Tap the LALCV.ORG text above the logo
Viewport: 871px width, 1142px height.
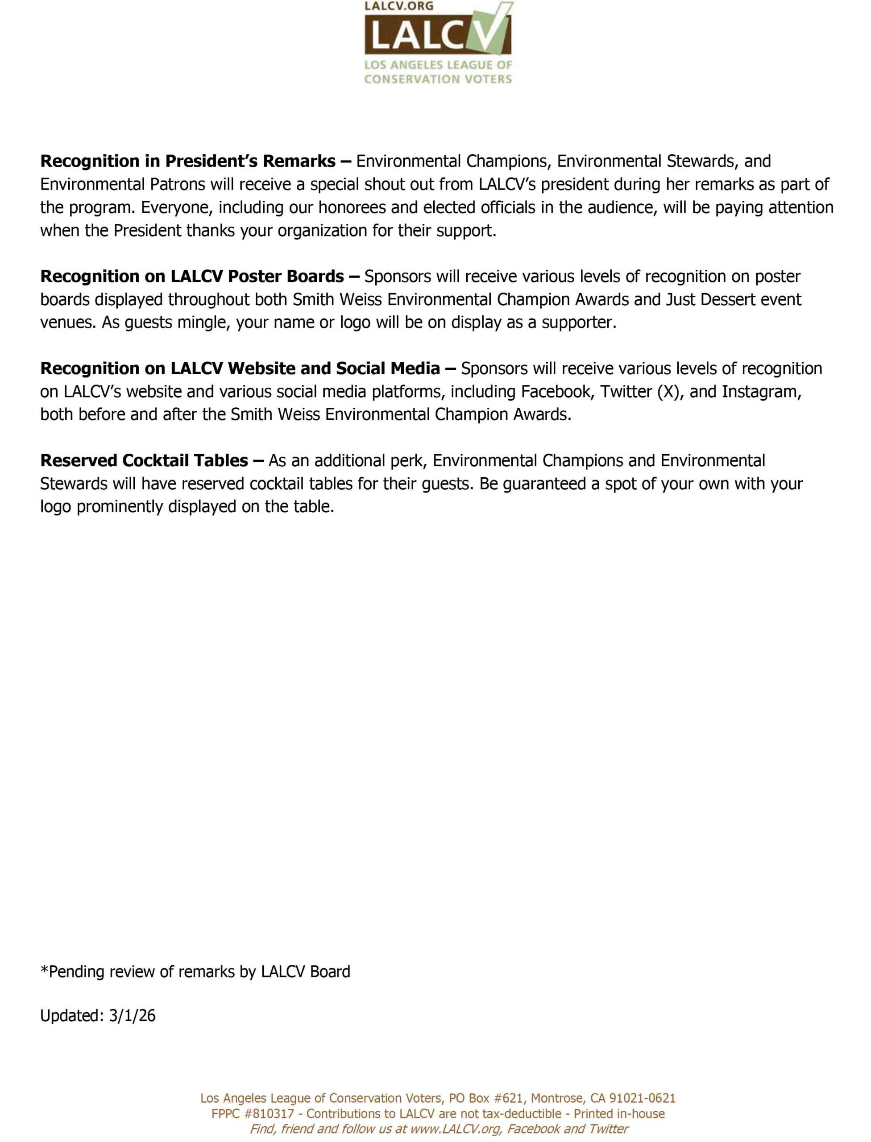(x=399, y=6)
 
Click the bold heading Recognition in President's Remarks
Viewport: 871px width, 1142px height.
(x=188, y=161)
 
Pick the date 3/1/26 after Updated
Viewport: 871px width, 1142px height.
(x=132, y=1015)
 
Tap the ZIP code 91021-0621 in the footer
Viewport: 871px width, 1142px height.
(x=642, y=1098)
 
